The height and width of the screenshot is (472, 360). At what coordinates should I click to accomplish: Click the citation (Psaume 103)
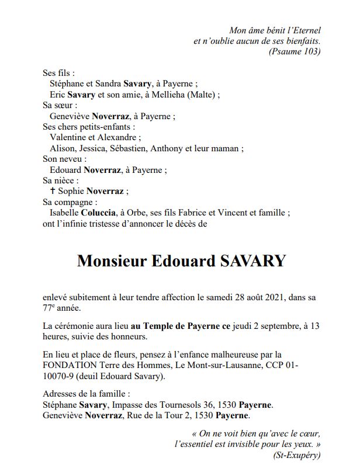click(x=295, y=51)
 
